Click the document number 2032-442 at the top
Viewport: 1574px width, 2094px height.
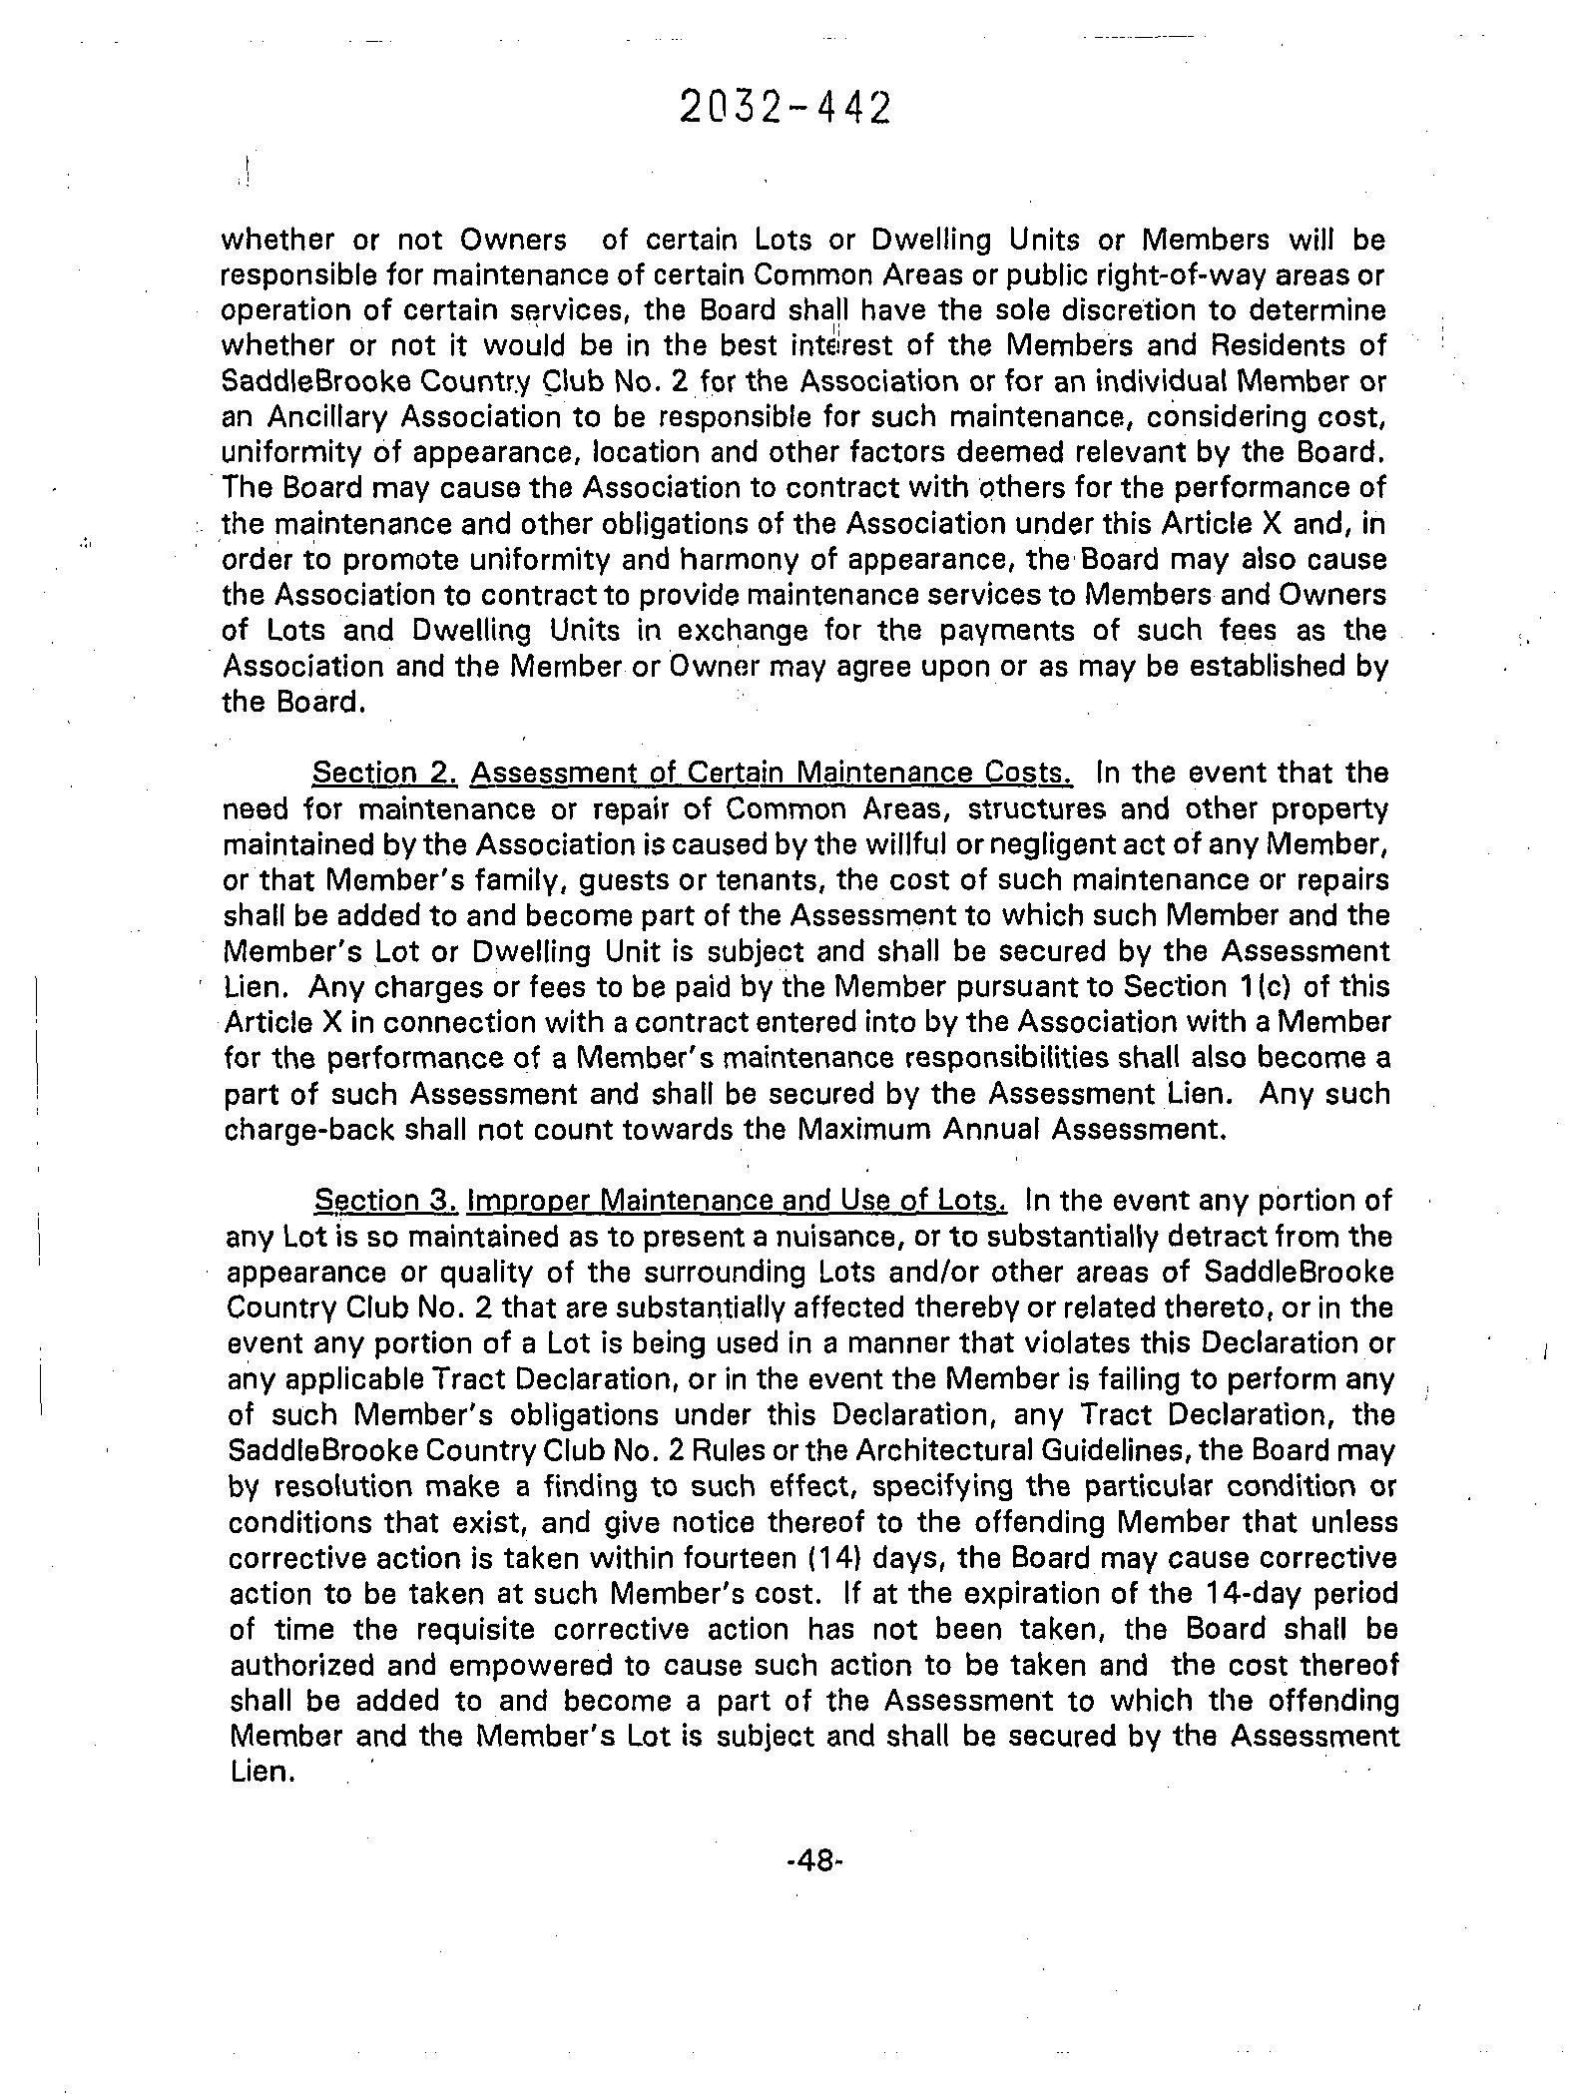[784, 108]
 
